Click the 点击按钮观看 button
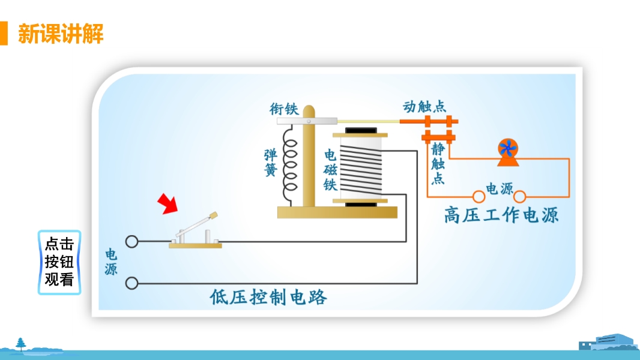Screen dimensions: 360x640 point(59,262)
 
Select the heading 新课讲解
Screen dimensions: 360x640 point(61,34)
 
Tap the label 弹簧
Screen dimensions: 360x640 point(270,162)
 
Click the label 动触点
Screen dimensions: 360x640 point(424,107)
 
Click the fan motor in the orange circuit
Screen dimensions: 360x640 point(508,152)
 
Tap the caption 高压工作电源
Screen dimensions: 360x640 point(501,214)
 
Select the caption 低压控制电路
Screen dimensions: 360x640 point(268,297)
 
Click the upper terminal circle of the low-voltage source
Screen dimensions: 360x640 point(131,242)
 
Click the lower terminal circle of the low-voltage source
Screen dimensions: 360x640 point(131,283)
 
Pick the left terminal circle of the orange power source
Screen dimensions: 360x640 point(478,196)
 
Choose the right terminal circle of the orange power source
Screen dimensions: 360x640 point(520,196)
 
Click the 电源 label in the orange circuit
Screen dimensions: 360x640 point(500,189)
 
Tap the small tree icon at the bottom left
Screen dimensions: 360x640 point(22,343)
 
